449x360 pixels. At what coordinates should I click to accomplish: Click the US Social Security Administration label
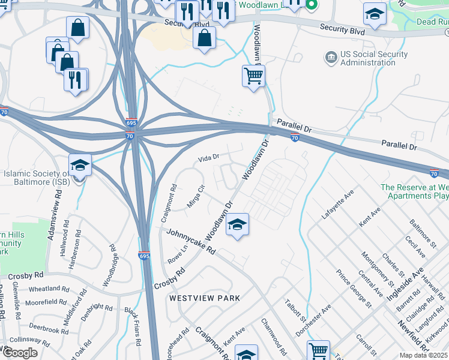(374, 59)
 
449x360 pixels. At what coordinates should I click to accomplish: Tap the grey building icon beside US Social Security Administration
(331, 58)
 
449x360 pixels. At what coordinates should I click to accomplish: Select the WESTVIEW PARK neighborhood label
(205, 298)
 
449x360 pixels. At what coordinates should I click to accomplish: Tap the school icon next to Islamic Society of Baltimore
(80, 164)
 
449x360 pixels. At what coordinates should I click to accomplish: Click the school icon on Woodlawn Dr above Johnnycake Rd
(237, 225)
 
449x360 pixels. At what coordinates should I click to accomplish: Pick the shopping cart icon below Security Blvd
(254, 76)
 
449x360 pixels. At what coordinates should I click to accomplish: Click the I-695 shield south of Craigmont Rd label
(143, 256)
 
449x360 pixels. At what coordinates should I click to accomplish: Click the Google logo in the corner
(20, 353)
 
